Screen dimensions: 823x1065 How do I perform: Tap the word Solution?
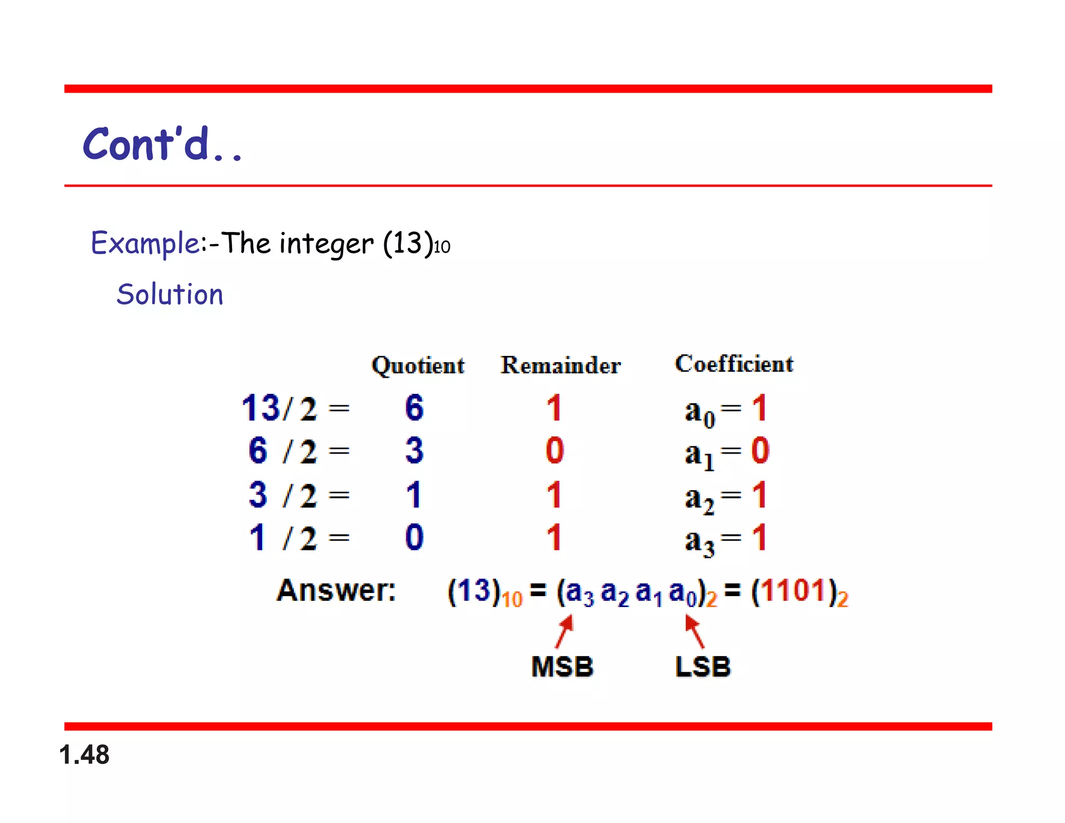(170, 294)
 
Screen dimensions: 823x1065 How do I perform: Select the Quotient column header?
(418, 365)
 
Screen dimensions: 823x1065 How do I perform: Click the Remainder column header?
(561, 365)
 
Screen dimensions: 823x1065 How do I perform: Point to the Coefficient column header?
(734, 364)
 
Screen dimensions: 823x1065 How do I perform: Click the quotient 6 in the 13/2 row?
(414, 407)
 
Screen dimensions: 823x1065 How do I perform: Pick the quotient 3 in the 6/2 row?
(414, 451)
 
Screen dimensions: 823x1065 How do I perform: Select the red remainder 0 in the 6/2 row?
(554, 451)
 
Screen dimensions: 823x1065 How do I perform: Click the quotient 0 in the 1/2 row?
(414, 537)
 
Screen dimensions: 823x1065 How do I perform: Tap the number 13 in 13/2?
(261, 407)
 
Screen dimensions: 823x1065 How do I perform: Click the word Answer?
(336, 590)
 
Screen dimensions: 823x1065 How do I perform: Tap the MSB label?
(562, 666)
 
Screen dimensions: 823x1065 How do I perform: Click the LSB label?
(703, 666)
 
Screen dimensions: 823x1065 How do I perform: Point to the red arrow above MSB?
(564, 631)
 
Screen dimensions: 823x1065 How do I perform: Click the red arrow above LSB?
(694, 631)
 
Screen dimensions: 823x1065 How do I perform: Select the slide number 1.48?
(84, 754)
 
